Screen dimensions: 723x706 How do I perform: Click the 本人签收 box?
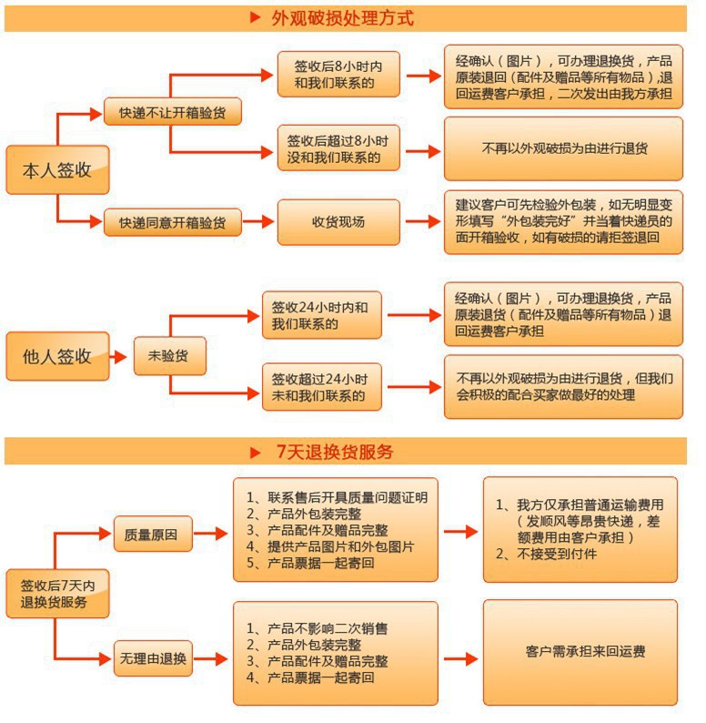point(57,169)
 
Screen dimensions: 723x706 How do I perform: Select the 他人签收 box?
point(57,356)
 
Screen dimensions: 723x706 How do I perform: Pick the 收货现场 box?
point(338,221)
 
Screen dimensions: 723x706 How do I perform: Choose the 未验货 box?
point(170,356)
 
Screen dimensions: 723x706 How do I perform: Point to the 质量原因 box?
point(152,534)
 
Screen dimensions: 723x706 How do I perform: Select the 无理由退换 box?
point(152,658)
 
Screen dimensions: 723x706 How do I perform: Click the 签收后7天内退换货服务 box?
point(58,593)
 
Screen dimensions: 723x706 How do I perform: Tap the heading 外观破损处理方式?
point(341,18)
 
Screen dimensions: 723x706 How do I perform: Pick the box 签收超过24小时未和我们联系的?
point(320,387)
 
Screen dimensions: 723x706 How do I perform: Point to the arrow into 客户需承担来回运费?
point(460,658)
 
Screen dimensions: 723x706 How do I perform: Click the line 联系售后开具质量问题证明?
point(346,497)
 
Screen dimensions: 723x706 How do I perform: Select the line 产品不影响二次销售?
point(328,628)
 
